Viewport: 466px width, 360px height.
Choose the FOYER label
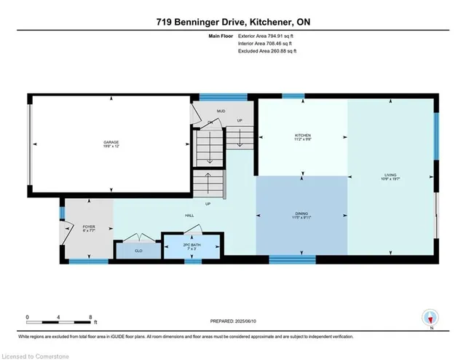click(x=88, y=227)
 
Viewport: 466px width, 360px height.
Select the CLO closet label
click(x=139, y=250)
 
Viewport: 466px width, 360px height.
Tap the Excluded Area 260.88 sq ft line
click(x=267, y=51)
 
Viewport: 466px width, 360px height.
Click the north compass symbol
click(x=430, y=317)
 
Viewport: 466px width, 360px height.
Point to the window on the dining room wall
click(x=292, y=259)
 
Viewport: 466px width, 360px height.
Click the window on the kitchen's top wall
click(x=293, y=95)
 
